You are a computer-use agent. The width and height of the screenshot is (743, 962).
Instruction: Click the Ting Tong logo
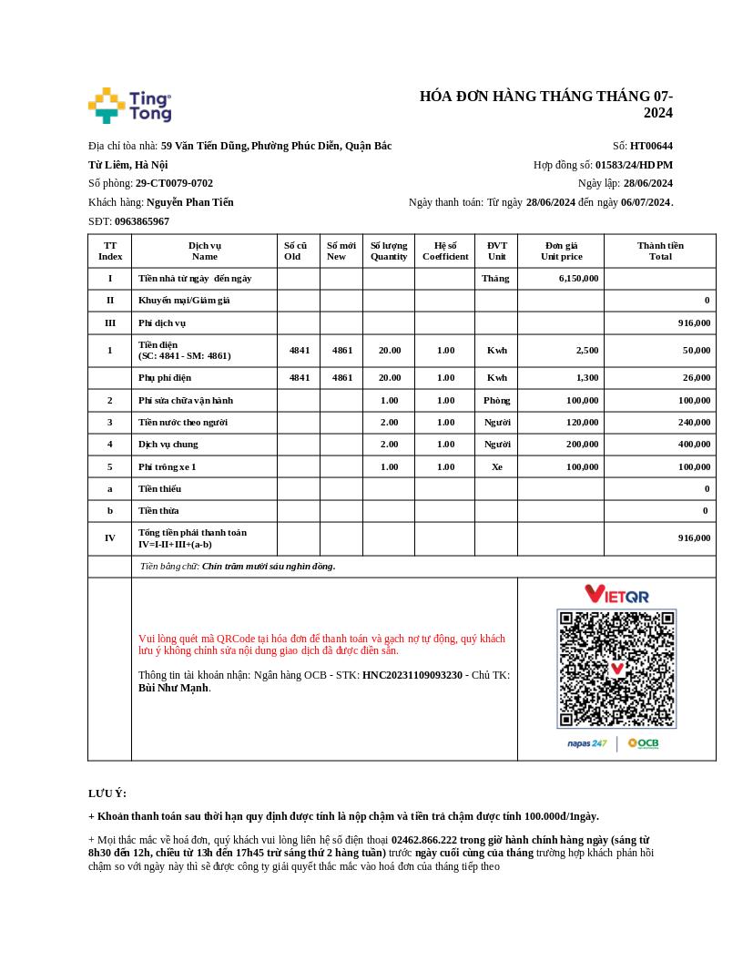129,106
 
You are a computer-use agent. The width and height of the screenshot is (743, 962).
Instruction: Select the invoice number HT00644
651,146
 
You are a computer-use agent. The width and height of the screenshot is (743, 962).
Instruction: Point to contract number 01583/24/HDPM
634,165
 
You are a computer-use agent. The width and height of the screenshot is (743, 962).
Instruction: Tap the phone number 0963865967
141,221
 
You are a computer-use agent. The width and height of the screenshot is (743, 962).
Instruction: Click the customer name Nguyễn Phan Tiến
189,202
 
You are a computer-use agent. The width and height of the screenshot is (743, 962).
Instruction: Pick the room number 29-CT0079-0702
174,183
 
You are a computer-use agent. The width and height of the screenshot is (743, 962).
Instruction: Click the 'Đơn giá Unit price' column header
561,251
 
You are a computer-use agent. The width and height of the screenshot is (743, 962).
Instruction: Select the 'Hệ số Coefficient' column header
445,251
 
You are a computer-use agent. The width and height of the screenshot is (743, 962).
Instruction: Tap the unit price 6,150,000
578,279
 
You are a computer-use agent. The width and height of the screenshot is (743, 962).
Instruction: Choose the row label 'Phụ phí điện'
165,378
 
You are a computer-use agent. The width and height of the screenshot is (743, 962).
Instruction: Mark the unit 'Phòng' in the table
496,401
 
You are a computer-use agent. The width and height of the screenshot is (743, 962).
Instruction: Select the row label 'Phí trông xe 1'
168,467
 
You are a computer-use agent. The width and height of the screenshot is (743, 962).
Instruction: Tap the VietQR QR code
616,669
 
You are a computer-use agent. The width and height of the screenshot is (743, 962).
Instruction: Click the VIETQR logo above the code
616,595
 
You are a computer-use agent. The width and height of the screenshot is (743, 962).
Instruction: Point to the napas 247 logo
587,744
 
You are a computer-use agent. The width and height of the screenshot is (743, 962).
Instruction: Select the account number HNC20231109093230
412,676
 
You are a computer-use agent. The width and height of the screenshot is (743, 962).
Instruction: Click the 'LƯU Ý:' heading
107,793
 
